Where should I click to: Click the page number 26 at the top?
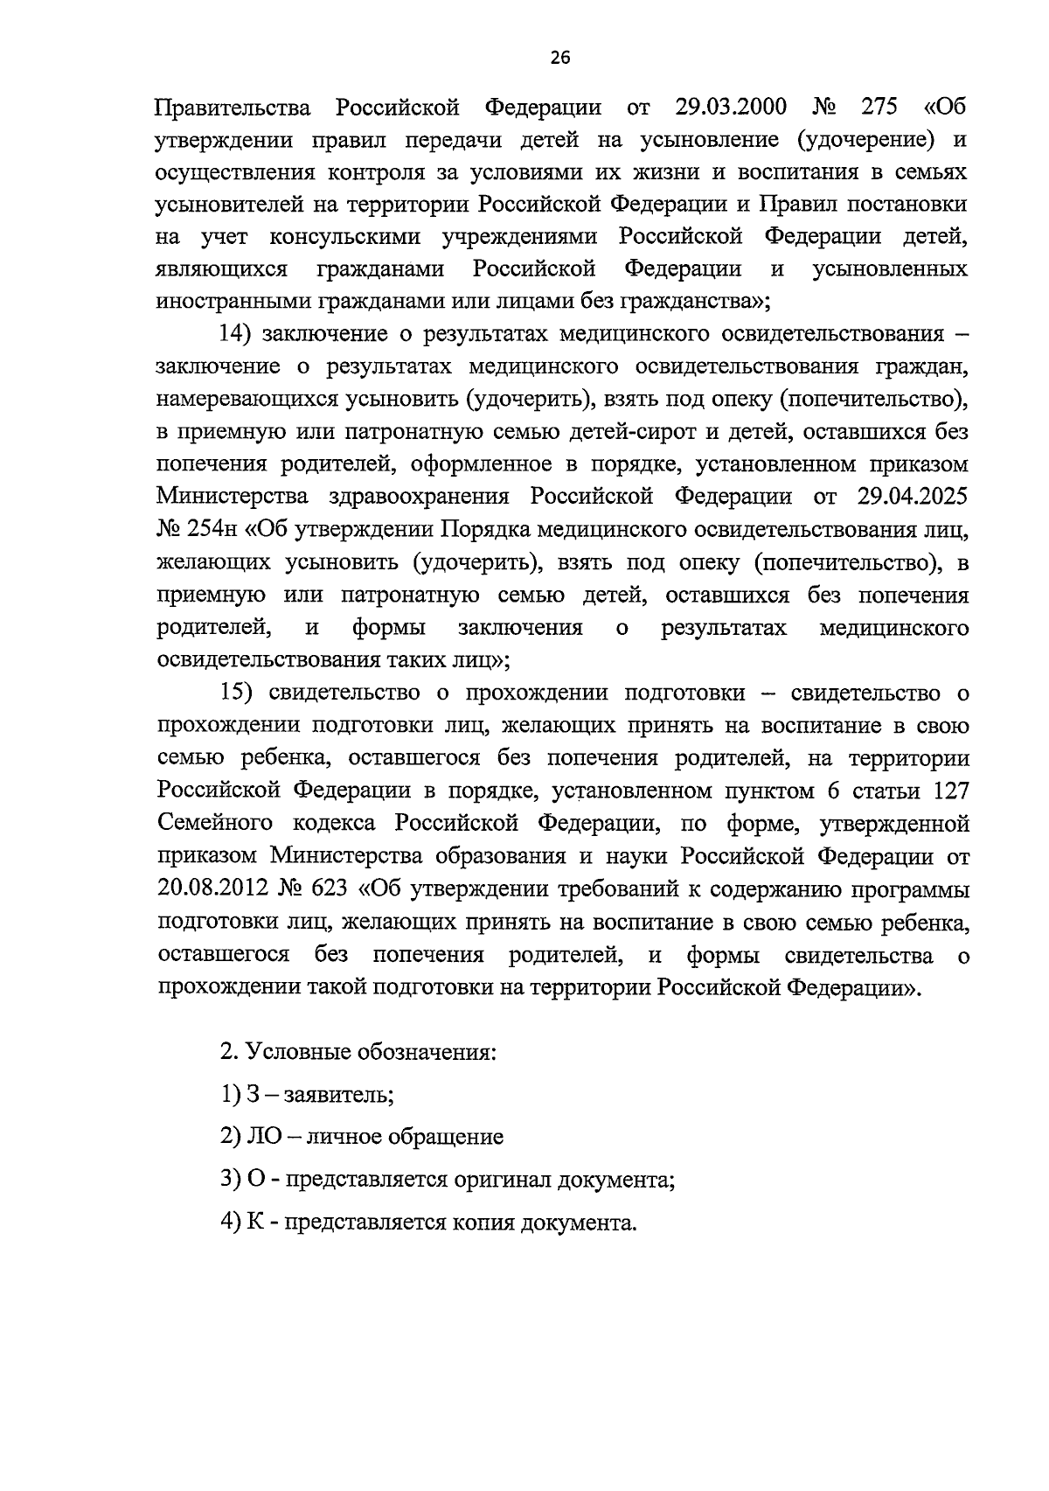pos(559,59)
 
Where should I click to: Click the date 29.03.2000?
pos(731,108)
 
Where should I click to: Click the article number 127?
pos(951,791)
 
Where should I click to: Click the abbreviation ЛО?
pos(261,1137)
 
